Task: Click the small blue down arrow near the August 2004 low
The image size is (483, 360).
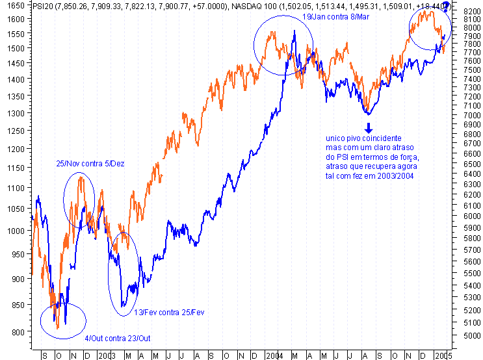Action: (x=368, y=127)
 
